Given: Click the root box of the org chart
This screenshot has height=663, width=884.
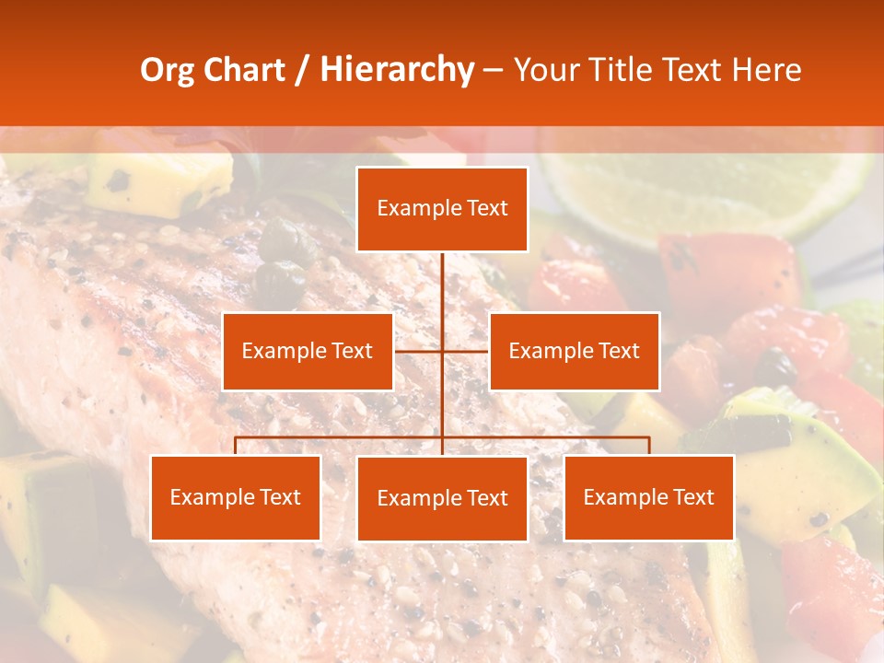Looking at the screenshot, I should point(442,209).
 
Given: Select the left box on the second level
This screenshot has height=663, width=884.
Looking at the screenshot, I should point(308,351).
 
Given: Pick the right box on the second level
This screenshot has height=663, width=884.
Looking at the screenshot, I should point(574,351).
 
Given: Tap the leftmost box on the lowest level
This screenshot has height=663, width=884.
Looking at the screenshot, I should point(235,497).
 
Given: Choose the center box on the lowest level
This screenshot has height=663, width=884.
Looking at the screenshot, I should point(442,498).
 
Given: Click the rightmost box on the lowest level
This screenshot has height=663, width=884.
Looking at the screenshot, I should point(648,497).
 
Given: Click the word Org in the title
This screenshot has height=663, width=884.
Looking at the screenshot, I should point(167,70).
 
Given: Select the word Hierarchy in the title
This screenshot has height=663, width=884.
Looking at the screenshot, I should point(397,70).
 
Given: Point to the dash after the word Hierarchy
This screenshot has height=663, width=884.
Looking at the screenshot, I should point(493,70).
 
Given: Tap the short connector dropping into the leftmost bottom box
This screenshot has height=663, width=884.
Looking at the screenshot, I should point(236,446).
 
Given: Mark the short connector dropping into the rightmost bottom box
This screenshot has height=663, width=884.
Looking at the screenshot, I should point(649,446).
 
